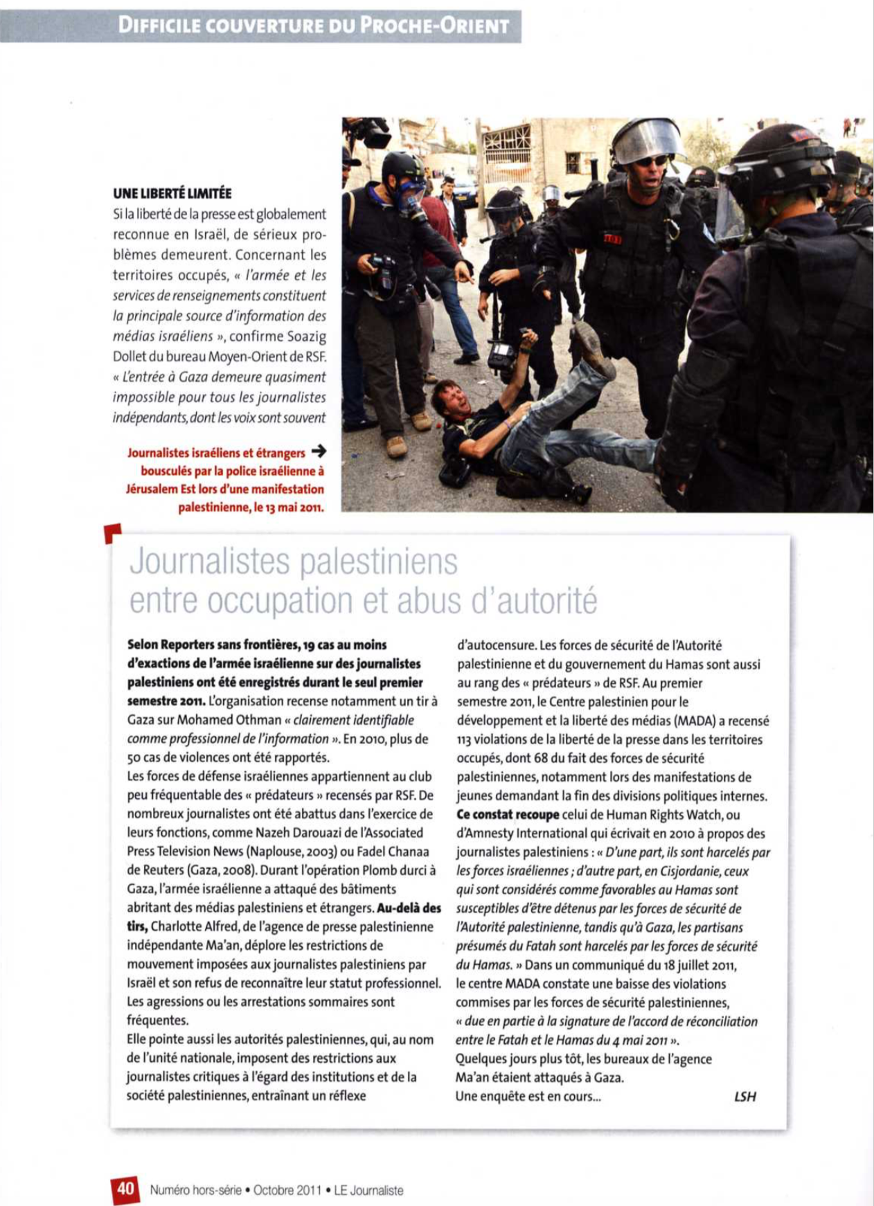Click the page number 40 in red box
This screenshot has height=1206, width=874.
125,1188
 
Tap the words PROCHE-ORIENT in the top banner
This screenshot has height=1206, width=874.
435,26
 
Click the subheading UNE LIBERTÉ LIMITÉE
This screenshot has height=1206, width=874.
172,194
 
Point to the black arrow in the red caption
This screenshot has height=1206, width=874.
319,452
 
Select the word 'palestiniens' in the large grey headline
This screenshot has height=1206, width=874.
379,561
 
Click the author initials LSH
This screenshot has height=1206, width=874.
744,1096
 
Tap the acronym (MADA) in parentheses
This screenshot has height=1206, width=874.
704,721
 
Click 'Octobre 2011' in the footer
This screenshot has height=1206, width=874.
287,1190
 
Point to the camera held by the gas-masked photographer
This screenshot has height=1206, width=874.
384,272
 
